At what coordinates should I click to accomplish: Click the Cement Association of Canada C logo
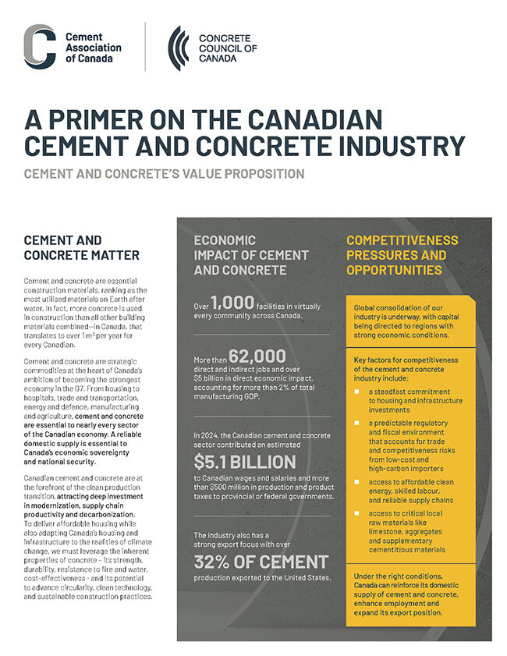40,47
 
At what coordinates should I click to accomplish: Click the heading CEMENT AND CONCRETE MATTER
82,247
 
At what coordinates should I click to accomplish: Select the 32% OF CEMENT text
261,562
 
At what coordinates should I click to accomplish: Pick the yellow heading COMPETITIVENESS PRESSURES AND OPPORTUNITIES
402,255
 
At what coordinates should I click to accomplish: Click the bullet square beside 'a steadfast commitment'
356,389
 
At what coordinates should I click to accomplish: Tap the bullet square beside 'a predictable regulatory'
356,421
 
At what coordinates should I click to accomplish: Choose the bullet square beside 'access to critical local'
356,513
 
